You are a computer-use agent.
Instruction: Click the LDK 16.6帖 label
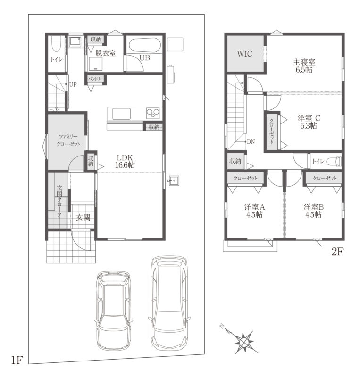125,161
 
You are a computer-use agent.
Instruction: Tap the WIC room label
245,54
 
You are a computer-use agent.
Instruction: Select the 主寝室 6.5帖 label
304,66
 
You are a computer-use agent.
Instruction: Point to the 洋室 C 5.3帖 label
309,122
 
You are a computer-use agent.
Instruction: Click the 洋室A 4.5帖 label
254,211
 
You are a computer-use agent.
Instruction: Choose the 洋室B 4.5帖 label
313,211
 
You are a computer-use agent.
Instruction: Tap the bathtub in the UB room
144,45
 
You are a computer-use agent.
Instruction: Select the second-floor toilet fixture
334,161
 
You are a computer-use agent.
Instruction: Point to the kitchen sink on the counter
121,114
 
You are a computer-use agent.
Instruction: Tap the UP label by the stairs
73,85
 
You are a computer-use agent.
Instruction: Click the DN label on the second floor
251,142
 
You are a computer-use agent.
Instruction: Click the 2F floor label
337,252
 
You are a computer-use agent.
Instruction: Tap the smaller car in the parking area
114,310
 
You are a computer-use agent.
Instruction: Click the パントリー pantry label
96,79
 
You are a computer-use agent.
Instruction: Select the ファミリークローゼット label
68,140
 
